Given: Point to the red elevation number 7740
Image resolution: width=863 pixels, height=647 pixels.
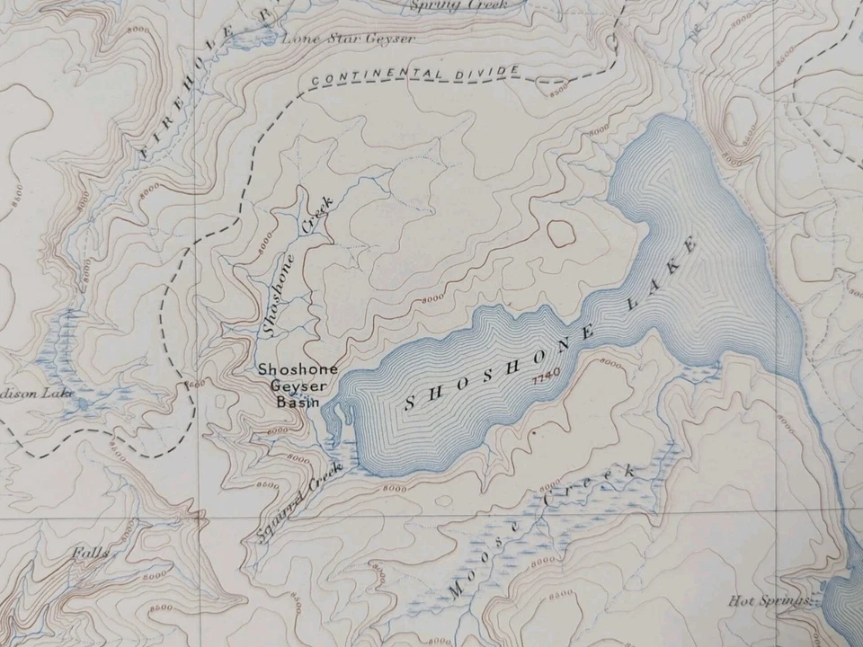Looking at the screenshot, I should point(547,373).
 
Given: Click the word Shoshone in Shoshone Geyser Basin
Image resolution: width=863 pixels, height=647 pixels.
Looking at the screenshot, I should point(298,369).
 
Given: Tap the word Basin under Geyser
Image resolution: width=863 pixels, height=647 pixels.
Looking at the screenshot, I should point(298,403).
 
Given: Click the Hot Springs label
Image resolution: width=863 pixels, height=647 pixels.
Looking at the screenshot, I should point(770,601).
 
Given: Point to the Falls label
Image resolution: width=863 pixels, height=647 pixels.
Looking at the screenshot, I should point(92,554).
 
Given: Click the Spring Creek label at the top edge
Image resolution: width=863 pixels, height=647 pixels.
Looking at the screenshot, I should point(458,5).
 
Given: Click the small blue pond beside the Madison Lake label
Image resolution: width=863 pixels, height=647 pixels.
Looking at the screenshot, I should point(84,403).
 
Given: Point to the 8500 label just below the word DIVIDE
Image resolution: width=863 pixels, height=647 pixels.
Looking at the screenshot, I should point(557,90).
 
